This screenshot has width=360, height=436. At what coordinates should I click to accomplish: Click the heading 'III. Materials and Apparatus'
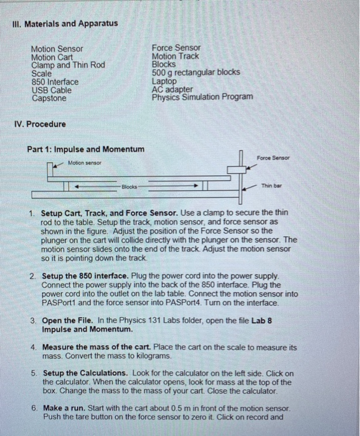(65, 24)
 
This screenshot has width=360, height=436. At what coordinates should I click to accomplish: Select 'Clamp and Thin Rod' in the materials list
(68, 65)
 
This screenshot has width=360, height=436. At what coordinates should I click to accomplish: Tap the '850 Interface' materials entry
(55, 82)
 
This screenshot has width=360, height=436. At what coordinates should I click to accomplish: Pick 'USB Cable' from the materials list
(52, 90)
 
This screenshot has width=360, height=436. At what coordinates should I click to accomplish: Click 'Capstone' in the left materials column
(49, 98)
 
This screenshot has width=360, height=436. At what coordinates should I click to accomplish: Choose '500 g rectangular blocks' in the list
(196, 72)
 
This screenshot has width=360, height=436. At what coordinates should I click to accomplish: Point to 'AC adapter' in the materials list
(172, 89)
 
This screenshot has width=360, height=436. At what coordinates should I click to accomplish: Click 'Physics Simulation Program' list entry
(202, 97)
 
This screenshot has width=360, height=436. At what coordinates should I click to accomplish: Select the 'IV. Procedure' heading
(40, 124)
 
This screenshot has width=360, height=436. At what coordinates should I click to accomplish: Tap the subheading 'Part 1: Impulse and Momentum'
(85, 149)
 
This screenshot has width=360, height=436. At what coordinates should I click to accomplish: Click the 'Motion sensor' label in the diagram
(85, 163)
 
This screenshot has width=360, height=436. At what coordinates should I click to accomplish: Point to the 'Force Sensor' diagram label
(273, 158)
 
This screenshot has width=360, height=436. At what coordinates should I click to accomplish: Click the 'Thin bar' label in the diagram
(272, 186)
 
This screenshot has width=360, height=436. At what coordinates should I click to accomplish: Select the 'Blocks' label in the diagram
(130, 187)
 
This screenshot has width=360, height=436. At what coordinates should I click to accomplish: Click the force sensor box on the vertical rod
(237, 169)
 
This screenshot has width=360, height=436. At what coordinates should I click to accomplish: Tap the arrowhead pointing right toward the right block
(196, 186)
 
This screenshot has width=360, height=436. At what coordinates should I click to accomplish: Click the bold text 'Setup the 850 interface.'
(85, 276)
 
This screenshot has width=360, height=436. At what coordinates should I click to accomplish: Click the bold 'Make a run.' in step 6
(64, 408)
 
